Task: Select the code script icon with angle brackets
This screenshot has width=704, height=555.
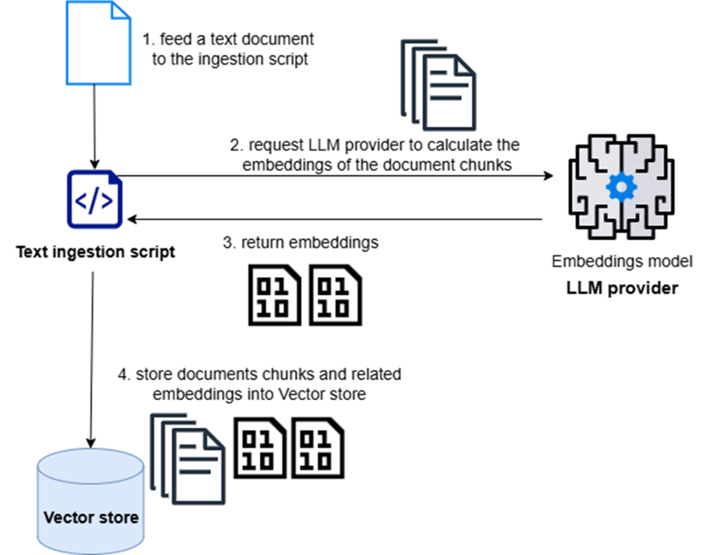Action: click(95, 199)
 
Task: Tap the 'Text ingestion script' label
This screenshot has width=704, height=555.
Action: click(95, 252)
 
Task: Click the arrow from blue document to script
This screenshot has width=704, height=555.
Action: click(95, 125)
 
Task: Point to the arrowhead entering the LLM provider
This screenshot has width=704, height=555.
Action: click(549, 175)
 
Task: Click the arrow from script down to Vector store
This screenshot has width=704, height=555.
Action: click(92, 358)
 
